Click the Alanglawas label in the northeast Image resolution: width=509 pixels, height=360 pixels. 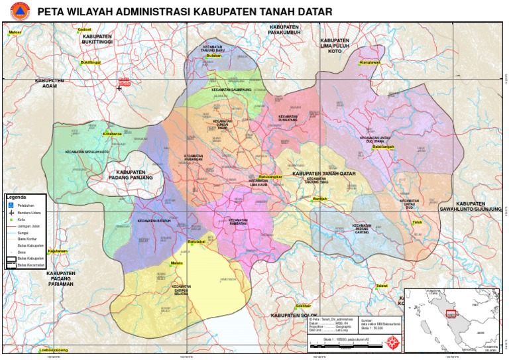click(369, 63)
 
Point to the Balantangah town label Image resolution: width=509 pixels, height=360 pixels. click(383, 147)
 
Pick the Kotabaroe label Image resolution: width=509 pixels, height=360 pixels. click(113, 133)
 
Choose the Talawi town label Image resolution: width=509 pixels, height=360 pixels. click(381, 286)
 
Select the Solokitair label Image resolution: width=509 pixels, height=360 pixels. click(304, 296)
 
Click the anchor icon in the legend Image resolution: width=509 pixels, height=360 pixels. click(11, 205)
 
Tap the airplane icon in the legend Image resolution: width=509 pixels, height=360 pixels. click(11, 212)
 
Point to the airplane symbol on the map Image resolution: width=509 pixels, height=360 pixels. click(120, 88)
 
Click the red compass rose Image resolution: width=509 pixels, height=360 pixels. click(392, 341)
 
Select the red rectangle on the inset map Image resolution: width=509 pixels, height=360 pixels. click(451, 314)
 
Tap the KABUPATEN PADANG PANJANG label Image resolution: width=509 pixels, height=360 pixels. click(130, 174)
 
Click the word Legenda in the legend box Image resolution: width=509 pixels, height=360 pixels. click(17, 197)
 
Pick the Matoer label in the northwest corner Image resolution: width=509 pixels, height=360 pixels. click(15, 32)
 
